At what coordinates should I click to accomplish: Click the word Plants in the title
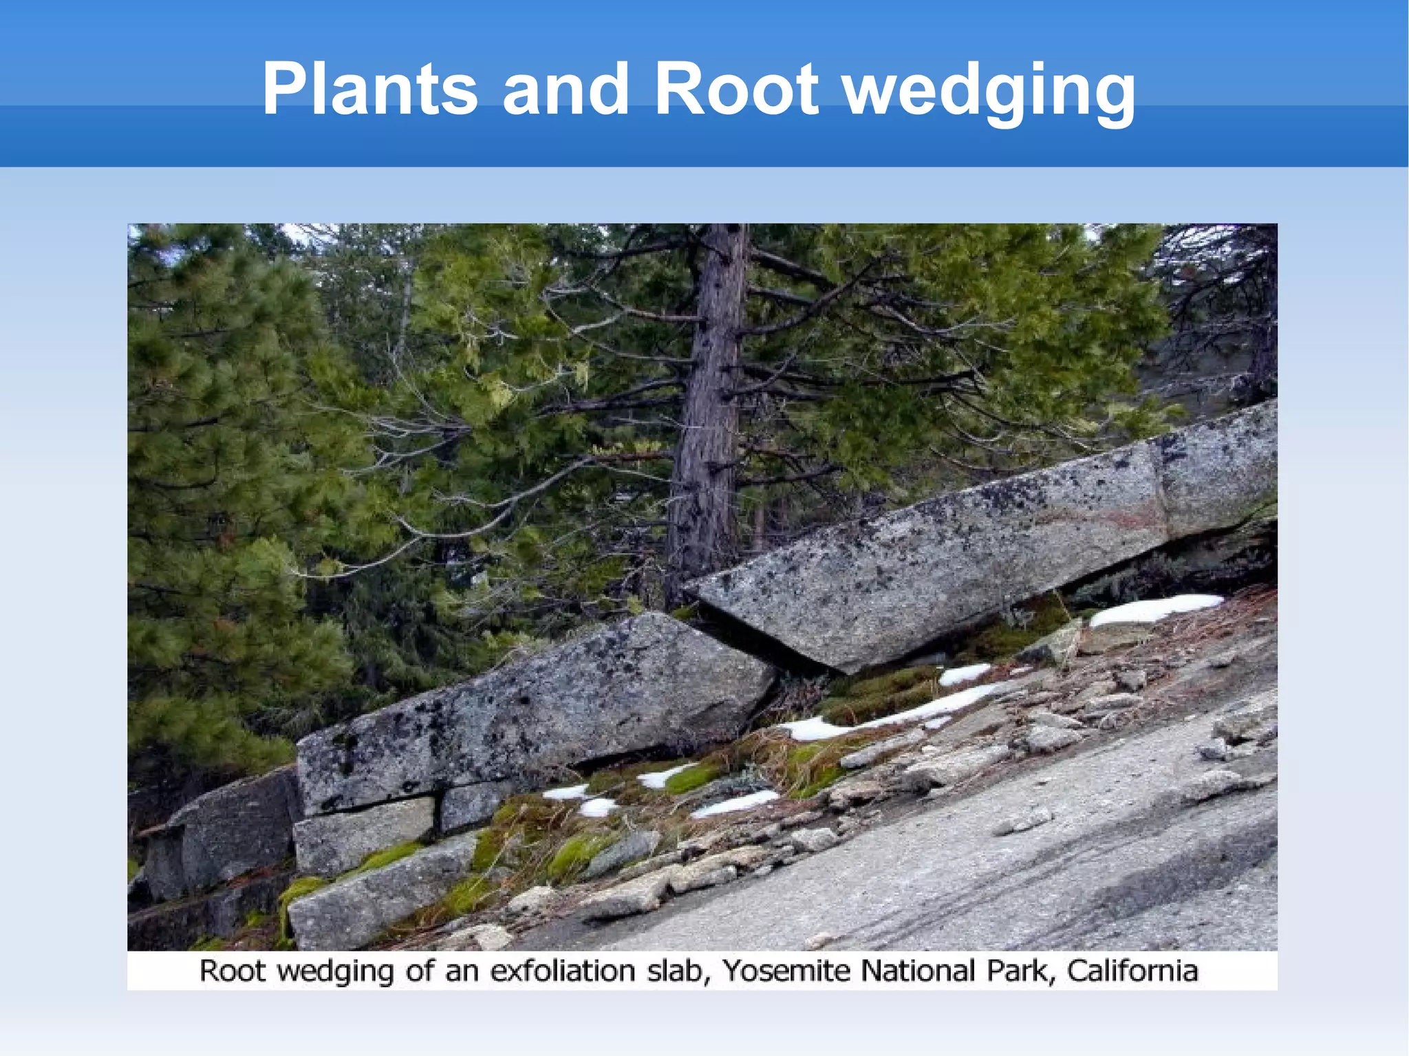point(369,89)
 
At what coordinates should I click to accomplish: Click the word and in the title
point(566,89)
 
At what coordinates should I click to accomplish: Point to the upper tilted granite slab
point(963,550)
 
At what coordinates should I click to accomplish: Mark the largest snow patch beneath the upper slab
point(1156,607)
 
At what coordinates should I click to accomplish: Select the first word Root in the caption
point(232,971)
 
